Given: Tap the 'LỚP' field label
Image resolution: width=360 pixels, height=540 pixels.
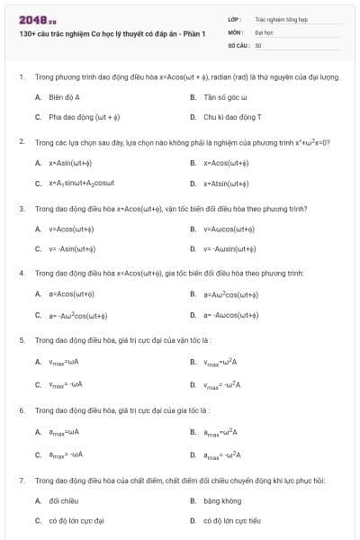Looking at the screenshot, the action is (233, 18).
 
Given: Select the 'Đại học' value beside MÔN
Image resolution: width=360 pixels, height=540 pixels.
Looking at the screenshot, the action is (263, 31).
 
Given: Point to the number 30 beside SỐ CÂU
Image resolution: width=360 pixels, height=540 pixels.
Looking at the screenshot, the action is (258, 43).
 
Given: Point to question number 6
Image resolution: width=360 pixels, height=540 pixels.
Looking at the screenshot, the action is (21, 410).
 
